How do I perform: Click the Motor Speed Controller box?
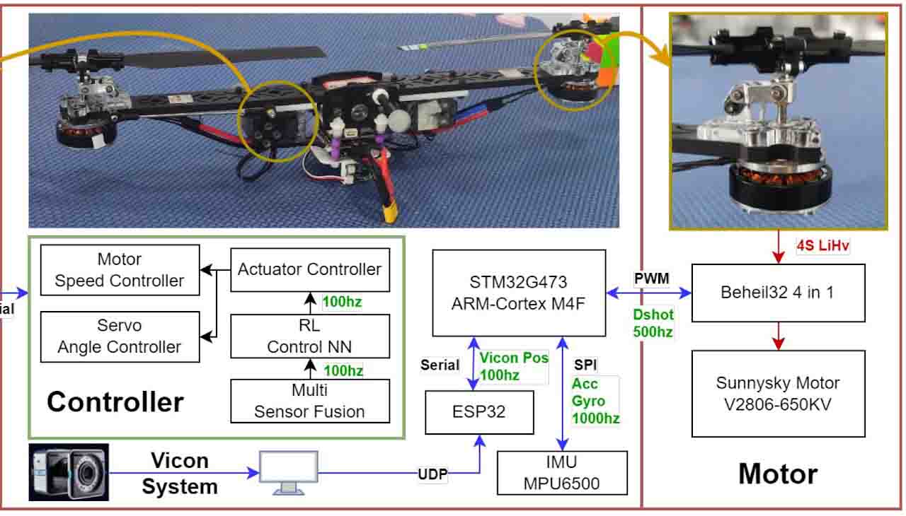120,270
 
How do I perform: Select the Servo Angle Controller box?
120,336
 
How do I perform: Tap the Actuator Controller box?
310,269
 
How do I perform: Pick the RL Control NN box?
310,336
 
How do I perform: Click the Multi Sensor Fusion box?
310,401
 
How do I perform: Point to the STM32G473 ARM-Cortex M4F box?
519,293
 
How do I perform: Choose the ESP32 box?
479,411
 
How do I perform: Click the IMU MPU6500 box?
562,473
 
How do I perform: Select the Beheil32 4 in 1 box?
778,292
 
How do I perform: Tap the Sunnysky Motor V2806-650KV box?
778,393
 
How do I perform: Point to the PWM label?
652,278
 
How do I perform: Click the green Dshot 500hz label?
653,323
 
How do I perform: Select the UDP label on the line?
432,474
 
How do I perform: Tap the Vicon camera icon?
69,472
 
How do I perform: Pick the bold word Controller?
115,402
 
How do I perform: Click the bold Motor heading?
778,474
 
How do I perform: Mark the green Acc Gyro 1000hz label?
595,401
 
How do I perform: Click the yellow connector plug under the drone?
389,210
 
